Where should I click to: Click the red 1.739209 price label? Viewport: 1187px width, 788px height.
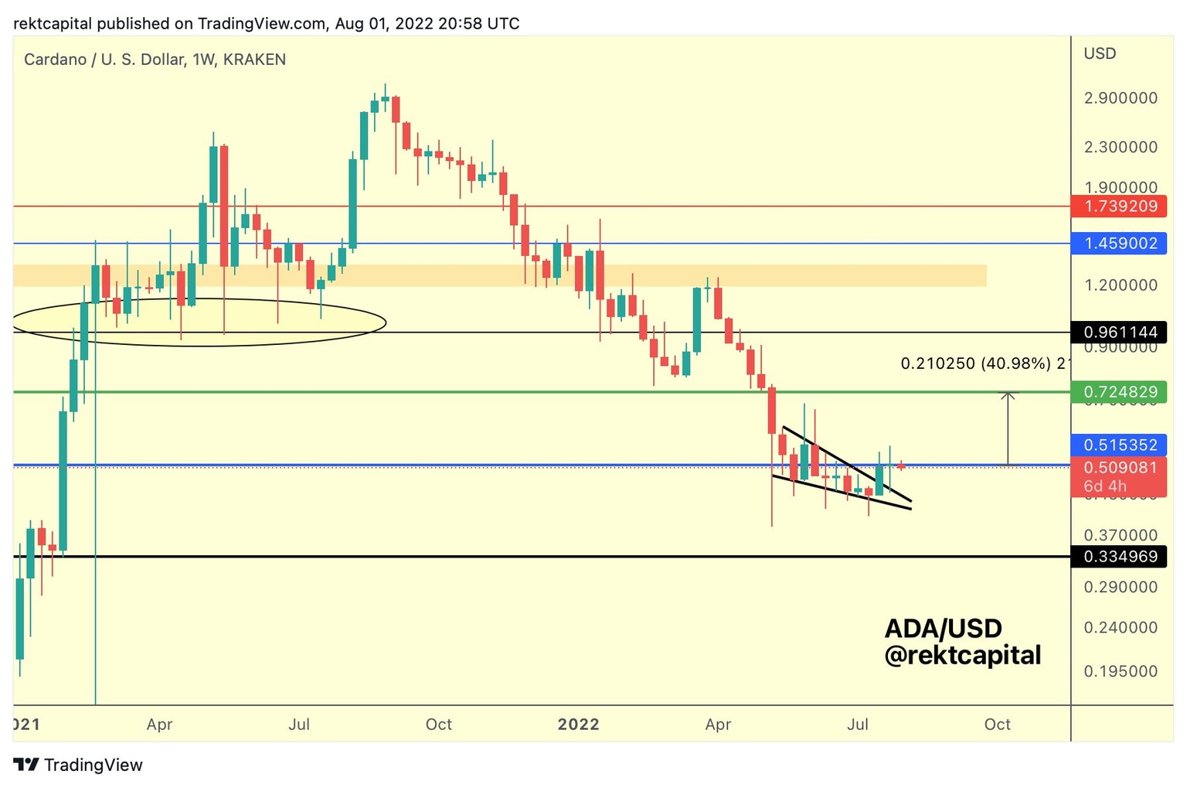(1119, 206)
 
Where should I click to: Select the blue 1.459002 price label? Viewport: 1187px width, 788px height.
(1119, 244)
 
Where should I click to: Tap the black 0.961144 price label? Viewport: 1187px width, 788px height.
(1119, 333)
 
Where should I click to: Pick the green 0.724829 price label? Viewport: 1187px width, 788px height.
(1119, 392)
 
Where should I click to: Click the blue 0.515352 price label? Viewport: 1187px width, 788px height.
(1119, 445)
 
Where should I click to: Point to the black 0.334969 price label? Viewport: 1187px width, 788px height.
(1119, 557)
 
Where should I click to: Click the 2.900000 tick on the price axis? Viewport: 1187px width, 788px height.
(1120, 98)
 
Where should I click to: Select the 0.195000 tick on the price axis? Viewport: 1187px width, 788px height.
(1120, 671)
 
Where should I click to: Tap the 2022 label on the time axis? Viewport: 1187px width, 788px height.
(578, 725)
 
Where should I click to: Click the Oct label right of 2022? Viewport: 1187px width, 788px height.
(997, 725)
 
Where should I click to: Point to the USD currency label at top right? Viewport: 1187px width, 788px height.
(1099, 53)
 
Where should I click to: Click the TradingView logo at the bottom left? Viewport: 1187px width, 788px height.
(78, 765)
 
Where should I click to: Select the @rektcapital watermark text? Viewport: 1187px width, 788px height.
(962, 656)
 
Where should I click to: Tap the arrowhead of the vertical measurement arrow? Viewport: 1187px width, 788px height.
(1008, 395)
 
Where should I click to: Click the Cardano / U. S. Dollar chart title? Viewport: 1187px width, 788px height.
(155, 60)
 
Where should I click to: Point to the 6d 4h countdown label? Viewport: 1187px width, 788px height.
(1105, 486)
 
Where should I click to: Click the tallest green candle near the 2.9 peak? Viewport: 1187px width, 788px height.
(363, 135)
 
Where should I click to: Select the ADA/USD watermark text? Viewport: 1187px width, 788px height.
(943, 628)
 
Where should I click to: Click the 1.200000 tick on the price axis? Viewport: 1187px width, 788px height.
(1120, 285)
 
